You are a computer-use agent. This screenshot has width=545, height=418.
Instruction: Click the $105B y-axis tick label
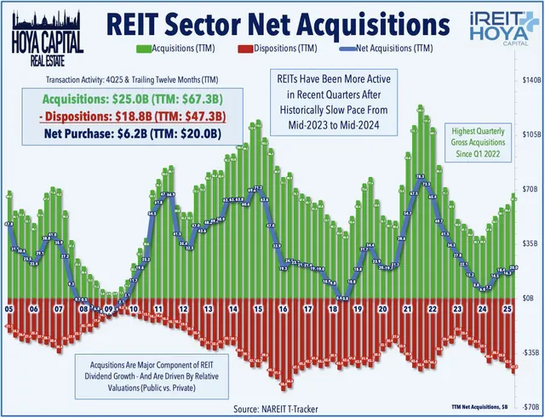click(529, 135)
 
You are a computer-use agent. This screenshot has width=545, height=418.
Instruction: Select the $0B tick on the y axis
click(531, 297)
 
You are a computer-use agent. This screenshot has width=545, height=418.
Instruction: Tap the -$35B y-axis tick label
click(529, 351)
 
